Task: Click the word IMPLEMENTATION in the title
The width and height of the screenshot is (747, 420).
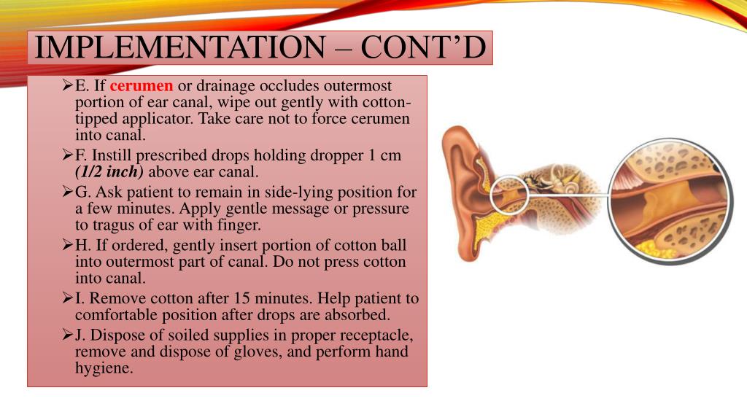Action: (x=179, y=48)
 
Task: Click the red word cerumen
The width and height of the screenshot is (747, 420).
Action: (x=142, y=86)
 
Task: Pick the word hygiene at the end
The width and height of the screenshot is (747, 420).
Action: (x=104, y=368)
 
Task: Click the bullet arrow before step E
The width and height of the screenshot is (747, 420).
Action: (x=66, y=86)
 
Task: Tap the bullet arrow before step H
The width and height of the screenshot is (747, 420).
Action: (x=66, y=246)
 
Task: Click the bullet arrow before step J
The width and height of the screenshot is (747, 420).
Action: (x=66, y=336)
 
